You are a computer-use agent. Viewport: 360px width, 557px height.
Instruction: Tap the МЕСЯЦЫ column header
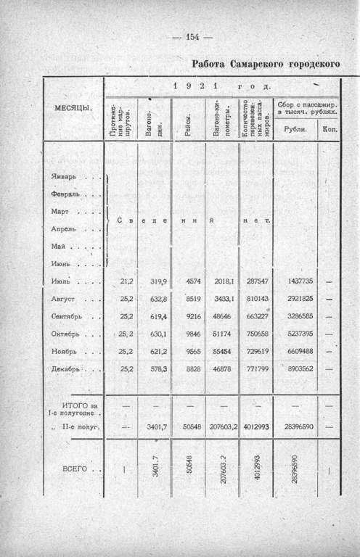73,107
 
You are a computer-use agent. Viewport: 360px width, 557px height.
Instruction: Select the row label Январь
64,176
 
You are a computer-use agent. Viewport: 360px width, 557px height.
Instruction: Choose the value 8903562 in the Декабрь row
296,369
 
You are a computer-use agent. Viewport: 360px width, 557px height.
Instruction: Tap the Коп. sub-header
330,129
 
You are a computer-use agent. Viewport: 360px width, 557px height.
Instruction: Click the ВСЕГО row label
73,469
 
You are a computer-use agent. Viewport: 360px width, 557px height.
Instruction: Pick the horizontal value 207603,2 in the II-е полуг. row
223,427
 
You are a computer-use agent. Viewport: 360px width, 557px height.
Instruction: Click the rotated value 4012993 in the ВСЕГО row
256,469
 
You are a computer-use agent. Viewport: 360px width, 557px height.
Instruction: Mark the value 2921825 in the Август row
296,298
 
